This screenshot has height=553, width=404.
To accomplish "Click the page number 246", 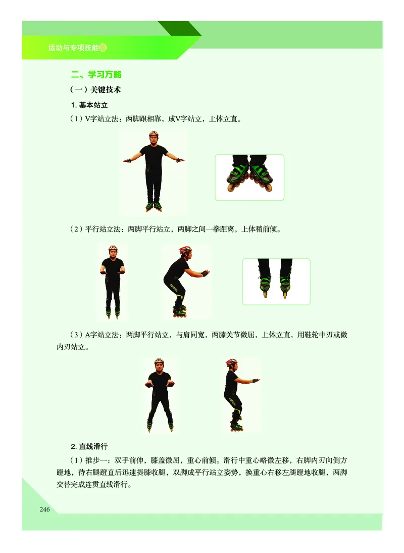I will (44, 509).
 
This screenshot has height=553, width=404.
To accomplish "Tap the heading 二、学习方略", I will (96, 75).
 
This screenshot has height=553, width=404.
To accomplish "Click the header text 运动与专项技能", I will (74, 49).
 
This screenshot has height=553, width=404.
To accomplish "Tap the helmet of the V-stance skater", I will (154, 134).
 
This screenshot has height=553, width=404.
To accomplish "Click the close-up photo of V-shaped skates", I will (249, 177).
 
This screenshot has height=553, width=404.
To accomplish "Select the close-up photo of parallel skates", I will (276, 281).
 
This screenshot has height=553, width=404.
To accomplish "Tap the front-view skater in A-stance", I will (159, 394).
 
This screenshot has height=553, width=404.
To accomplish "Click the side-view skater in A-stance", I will (235, 394).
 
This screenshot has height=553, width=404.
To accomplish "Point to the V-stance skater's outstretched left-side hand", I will (127, 160).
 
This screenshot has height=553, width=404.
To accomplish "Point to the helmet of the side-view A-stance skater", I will (231, 362).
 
